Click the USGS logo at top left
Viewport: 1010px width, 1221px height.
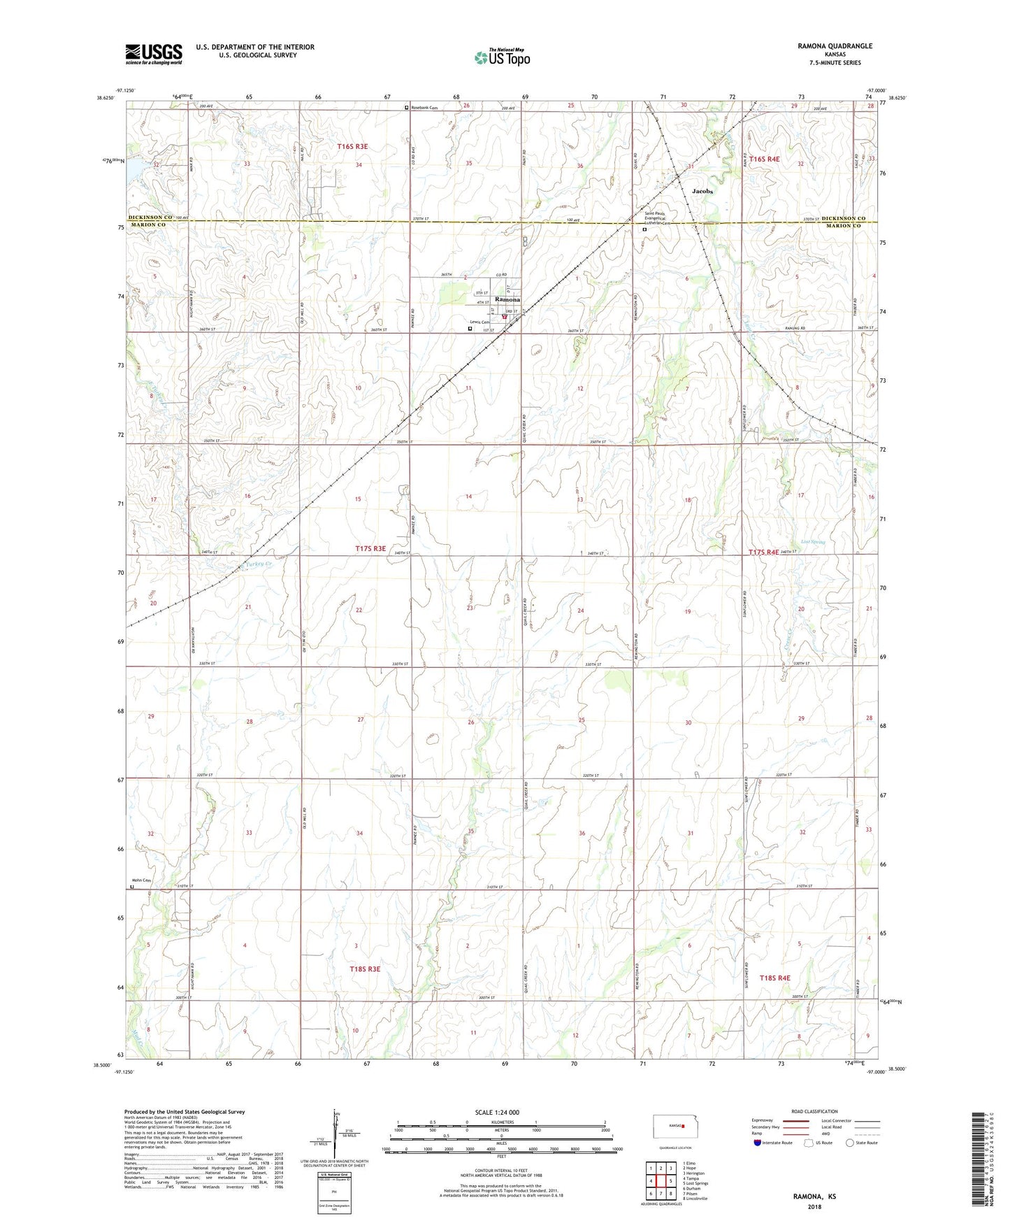[x=154, y=54]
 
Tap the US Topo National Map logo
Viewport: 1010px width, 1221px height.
[x=501, y=57]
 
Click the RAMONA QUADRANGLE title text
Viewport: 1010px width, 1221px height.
[x=835, y=46]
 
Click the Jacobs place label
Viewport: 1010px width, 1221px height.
[x=702, y=190]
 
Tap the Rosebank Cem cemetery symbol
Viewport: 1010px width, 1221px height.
[x=407, y=108]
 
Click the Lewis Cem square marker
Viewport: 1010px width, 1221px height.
[x=470, y=329]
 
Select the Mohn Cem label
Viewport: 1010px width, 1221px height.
[x=142, y=880]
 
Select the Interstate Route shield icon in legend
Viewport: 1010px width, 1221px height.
[x=758, y=1143]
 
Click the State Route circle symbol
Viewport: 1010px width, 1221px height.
[x=850, y=1143]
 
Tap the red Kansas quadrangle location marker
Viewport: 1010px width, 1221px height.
[x=683, y=1127]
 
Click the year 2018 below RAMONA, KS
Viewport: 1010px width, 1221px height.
[x=814, y=1206]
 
